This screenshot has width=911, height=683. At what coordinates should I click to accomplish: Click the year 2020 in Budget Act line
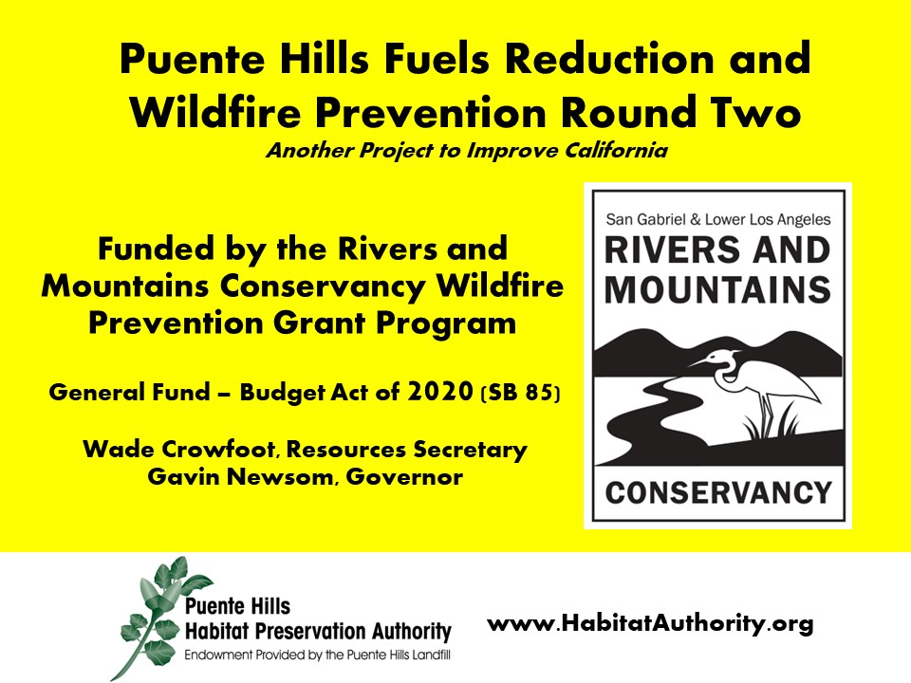pyautogui.click(x=440, y=392)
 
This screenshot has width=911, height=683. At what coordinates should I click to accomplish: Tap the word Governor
pyautogui.click(x=404, y=477)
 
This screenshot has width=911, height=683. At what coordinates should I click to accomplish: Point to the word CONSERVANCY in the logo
pyautogui.click(x=718, y=493)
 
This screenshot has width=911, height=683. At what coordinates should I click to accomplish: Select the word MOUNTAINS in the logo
pyautogui.click(x=718, y=289)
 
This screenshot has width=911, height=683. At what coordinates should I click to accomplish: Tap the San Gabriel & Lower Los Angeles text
pyautogui.click(x=718, y=219)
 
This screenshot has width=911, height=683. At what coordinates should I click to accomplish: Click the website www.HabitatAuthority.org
pyautogui.click(x=650, y=624)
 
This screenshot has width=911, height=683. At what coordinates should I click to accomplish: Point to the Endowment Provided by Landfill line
pyautogui.click(x=317, y=655)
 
